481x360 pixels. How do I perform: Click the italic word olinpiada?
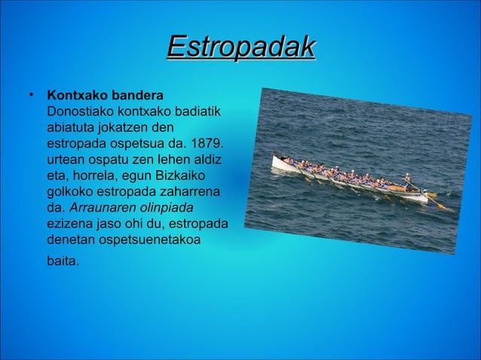click(x=165, y=206)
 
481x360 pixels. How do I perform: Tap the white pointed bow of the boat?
click(x=277, y=160)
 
